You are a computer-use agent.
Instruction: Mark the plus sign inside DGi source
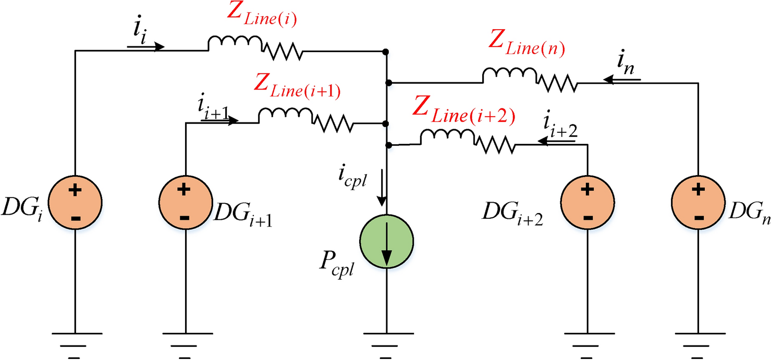(75, 191)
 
